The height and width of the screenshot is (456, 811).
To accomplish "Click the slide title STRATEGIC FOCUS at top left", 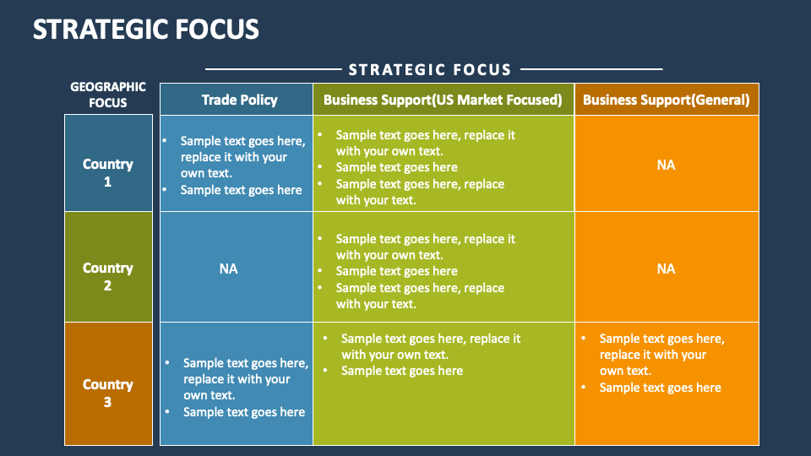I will [x=145, y=29].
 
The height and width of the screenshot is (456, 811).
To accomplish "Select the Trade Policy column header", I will [x=239, y=100].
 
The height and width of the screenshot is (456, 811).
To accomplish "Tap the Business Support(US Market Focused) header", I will [x=443, y=100].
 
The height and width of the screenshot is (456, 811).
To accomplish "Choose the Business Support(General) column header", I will [x=666, y=100].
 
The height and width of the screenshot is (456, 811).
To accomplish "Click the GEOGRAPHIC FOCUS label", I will [x=108, y=95].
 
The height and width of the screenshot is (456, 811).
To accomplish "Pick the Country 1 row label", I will [x=108, y=172].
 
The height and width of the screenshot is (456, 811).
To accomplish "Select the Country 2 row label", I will [x=108, y=276].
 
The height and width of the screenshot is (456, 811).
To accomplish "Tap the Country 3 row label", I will [x=108, y=393].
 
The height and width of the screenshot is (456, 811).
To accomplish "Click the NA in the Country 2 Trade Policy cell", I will [x=228, y=269].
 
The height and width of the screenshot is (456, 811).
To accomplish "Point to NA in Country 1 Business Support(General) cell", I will [x=666, y=165].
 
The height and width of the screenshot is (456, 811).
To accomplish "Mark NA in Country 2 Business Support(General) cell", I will [x=666, y=269].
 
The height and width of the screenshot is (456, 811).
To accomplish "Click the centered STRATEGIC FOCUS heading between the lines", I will [x=430, y=70].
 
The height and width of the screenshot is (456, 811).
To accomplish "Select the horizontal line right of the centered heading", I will [x=591, y=69].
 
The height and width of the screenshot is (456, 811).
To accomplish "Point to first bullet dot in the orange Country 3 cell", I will [x=585, y=339].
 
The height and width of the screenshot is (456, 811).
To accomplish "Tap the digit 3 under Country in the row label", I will [x=107, y=402].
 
